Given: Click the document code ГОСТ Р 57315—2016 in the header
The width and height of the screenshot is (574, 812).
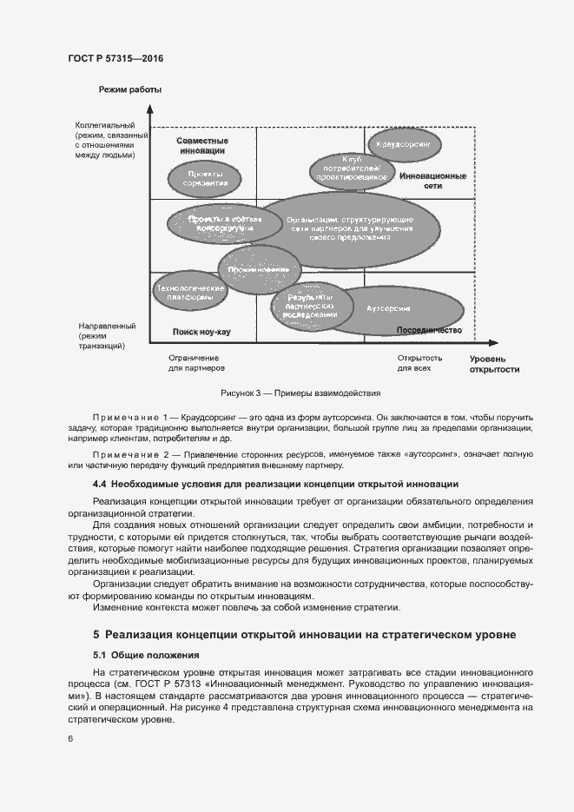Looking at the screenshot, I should (x=115, y=58).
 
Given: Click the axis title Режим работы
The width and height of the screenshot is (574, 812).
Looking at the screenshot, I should (x=130, y=90).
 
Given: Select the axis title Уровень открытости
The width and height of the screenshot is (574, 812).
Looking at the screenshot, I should (x=494, y=363).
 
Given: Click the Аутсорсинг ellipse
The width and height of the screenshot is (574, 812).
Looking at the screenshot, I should (x=388, y=309).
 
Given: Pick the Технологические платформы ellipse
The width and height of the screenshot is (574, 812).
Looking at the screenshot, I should (x=183, y=292).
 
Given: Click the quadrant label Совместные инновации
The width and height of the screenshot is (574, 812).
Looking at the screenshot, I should (x=202, y=145).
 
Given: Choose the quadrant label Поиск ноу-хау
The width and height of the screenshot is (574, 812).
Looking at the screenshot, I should (x=201, y=332).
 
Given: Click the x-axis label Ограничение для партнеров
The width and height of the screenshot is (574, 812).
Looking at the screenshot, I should (x=195, y=363).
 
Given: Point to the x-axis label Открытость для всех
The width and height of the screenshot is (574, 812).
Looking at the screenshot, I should (x=419, y=363).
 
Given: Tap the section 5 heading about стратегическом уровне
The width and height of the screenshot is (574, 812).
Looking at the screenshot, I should (x=304, y=635).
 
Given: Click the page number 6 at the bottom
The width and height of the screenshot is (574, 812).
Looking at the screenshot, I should (x=69, y=738).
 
